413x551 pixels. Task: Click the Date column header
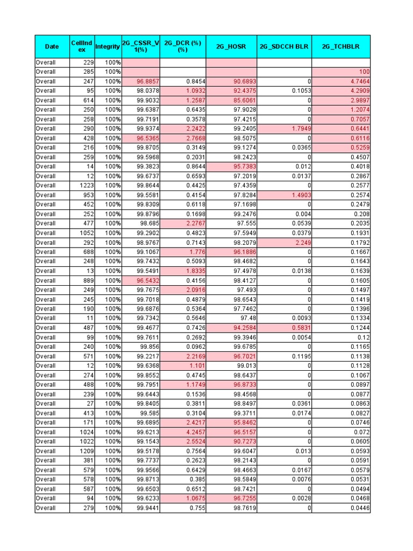pyautogui.click(x=52, y=47)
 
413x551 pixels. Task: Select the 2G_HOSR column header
pyautogui.click(x=231, y=47)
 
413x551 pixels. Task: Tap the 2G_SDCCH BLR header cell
pyautogui.click(x=284, y=47)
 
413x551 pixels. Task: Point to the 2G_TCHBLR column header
pyautogui.click(x=340, y=47)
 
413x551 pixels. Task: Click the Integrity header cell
pyautogui.click(x=108, y=47)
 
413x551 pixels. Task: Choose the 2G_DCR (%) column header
pyautogui.click(x=183, y=47)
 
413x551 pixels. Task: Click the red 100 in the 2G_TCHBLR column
pyautogui.click(x=364, y=72)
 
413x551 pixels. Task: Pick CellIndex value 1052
pyautogui.click(x=86, y=233)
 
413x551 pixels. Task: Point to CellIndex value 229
pyautogui.click(x=89, y=62)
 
